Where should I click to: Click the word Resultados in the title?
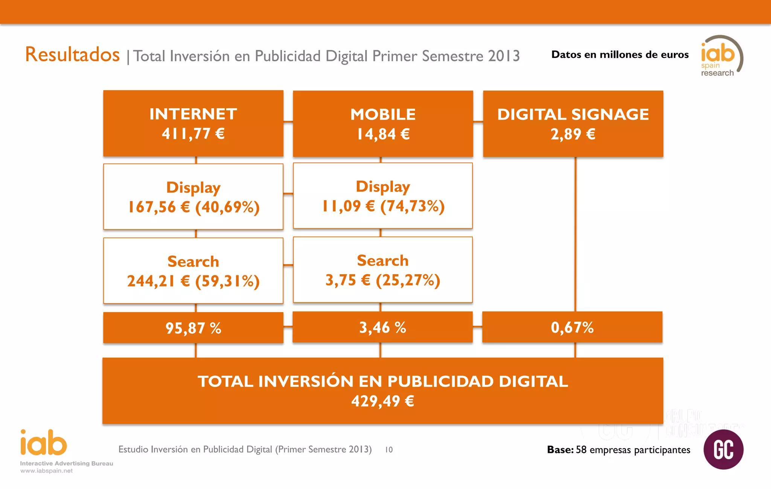coord(72,55)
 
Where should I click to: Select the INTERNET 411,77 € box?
coord(193,123)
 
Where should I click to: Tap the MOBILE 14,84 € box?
coord(383,124)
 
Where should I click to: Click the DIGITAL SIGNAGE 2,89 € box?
coord(573,124)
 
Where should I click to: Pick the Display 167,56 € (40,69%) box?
coord(193,197)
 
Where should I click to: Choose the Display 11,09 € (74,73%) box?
coord(383,196)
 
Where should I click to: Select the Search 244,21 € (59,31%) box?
coord(193,271)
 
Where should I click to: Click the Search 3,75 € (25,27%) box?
coord(383,270)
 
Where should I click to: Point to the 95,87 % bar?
coord(193,328)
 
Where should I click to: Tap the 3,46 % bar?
coord(382,327)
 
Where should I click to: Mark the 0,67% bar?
coord(572,327)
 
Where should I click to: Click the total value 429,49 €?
coord(383,401)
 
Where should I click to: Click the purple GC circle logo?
coord(723,449)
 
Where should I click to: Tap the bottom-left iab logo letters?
coord(44,443)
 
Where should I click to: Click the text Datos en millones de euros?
coord(620,55)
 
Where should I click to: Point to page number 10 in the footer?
coord(389,450)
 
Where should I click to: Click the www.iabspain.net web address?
coord(46,471)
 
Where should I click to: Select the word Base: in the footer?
coord(560,450)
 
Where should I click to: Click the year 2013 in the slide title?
coord(504,56)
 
